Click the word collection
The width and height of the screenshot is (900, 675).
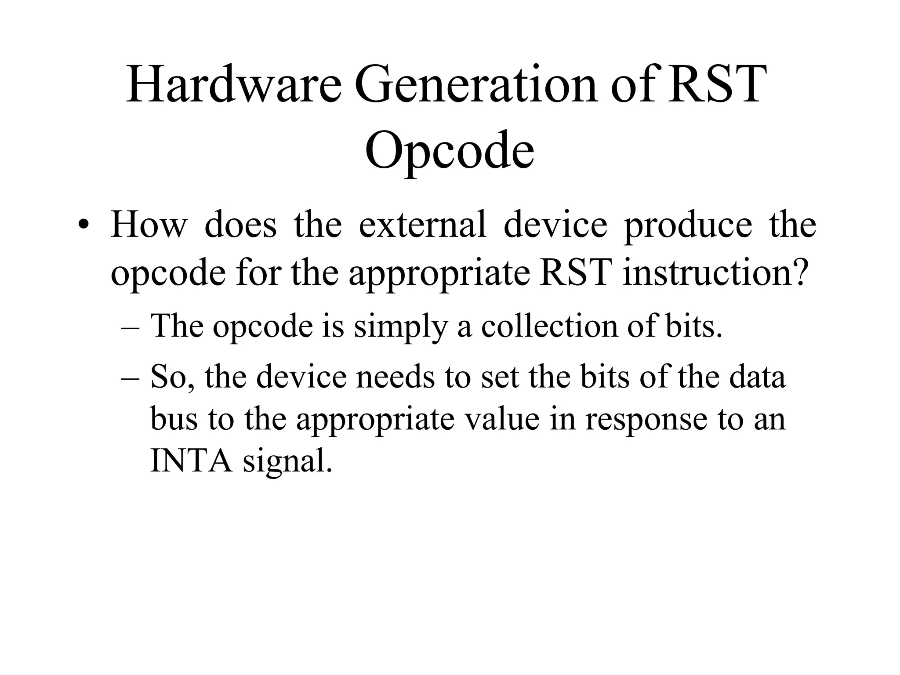point(550,326)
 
